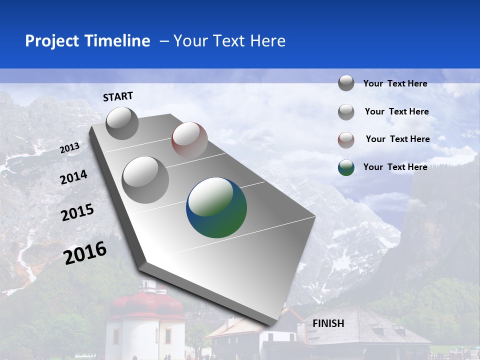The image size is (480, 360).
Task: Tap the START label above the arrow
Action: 118,96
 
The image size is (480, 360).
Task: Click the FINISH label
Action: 328,323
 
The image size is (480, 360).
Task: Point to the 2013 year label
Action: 69,148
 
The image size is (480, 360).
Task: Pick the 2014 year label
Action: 73,177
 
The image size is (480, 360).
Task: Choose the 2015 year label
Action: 77,212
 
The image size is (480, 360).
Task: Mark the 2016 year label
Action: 85,252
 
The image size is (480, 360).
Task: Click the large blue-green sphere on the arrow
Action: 216,207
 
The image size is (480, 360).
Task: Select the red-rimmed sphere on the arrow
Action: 189,140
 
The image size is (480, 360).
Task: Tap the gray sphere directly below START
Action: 122,123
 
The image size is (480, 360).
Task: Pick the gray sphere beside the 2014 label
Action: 145,179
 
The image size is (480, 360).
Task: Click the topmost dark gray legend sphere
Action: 346,83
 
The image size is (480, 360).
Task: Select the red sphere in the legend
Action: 346,139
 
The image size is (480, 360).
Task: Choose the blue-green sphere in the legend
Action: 346,167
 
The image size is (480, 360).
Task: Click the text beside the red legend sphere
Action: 397,139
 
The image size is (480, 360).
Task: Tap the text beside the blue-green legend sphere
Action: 395,167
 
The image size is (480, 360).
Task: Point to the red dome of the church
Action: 147,304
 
